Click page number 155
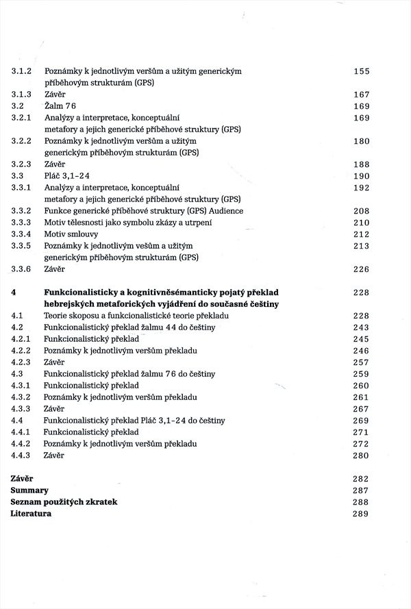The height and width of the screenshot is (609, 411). tap(361, 71)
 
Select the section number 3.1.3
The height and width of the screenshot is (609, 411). tap(23, 95)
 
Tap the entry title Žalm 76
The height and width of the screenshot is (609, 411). tap(60, 106)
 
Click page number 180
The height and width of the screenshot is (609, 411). tap(361, 141)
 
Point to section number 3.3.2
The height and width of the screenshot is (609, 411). tap(23, 211)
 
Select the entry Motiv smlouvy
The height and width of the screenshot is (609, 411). tap(71, 234)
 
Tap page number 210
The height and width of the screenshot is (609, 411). tap(361, 223)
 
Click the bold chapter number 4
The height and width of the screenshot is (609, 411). tap(14, 293)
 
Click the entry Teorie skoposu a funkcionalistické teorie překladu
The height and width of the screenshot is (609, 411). tap(136, 316)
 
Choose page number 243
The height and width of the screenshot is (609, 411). tap(361, 327)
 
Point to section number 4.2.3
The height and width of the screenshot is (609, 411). tap(23, 362)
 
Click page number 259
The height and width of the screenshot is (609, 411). tap(361, 374)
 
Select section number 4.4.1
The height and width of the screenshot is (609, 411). tap(23, 432)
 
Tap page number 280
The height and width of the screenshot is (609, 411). tap(361, 456)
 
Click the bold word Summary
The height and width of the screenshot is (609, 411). tap(29, 490)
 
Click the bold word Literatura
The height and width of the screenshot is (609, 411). tap(31, 514)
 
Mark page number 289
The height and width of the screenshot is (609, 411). tap(361, 514)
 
